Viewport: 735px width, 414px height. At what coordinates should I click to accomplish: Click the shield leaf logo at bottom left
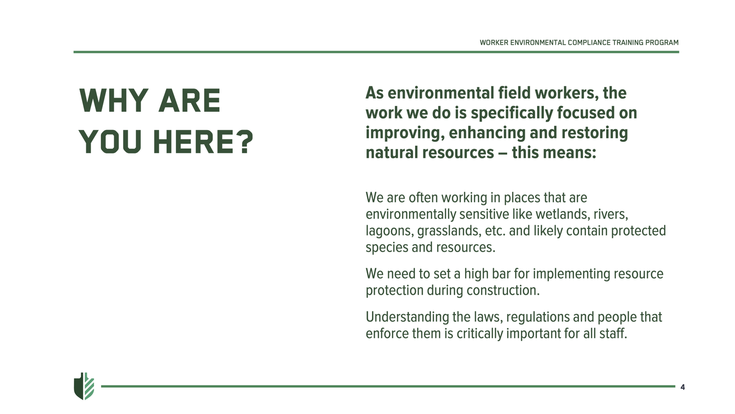click(84, 386)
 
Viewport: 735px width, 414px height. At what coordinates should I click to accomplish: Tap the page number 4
click(683, 387)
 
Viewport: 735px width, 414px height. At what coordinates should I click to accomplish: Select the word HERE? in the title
click(203, 142)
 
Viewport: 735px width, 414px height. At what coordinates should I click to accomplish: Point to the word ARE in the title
click(190, 101)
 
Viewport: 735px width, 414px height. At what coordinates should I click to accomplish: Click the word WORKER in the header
click(494, 43)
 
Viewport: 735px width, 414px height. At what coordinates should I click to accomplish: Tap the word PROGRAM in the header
click(661, 43)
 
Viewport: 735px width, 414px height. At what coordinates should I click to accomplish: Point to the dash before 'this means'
click(503, 153)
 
